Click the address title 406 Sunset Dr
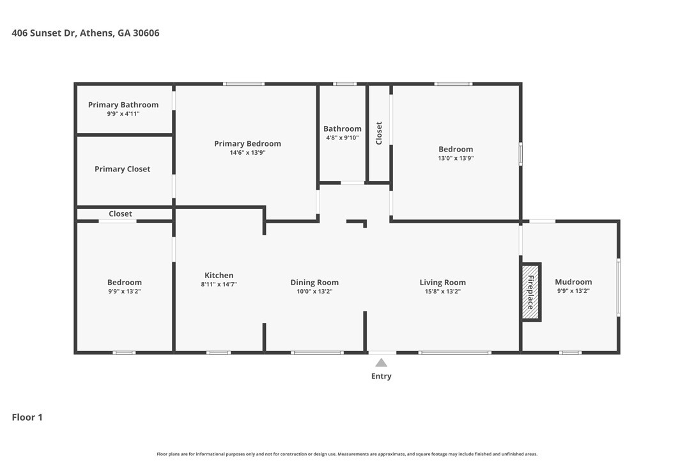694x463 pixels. coord(86,33)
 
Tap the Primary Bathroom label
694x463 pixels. coord(123,105)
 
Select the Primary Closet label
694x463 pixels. coord(123,169)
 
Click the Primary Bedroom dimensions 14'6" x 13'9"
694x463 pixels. coord(247,153)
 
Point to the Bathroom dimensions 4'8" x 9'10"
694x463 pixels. coord(343,137)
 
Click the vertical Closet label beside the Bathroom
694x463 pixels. coord(379,133)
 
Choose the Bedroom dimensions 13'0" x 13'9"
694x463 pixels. coord(456,158)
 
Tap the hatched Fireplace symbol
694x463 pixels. coord(530,292)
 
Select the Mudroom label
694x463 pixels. coord(573,282)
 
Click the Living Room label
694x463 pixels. coord(442,282)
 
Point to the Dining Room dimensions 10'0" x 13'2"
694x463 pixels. coord(314,292)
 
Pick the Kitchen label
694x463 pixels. coord(219,275)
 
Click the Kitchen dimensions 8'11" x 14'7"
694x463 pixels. coord(219,285)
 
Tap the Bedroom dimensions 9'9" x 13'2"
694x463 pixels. coord(124,292)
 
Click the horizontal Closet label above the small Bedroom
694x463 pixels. coord(120,214)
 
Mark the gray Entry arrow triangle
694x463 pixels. coord(381,363)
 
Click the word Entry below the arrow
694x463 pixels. coord(381,376)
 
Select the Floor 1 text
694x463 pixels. coord(27,417)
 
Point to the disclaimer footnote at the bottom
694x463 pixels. coord(347,454)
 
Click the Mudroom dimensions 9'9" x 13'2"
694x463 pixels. coord(573,291)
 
